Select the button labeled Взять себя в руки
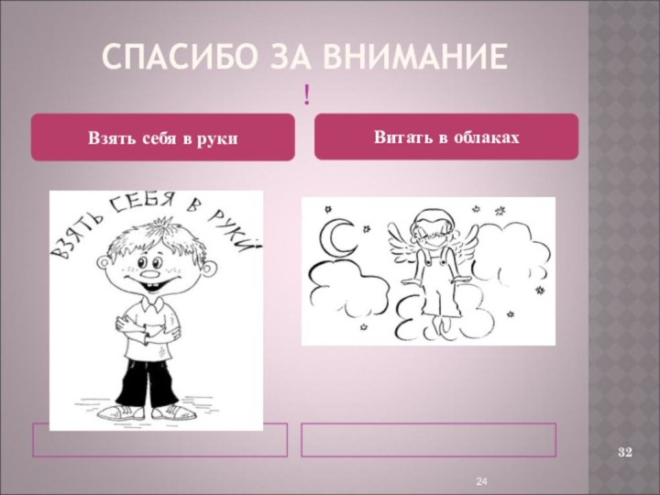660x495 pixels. [163, 138]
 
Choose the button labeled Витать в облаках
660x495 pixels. [446, 137]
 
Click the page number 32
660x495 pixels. [626, 453]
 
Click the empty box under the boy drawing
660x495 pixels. [159, 440]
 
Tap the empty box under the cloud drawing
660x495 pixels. [429, 440]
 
